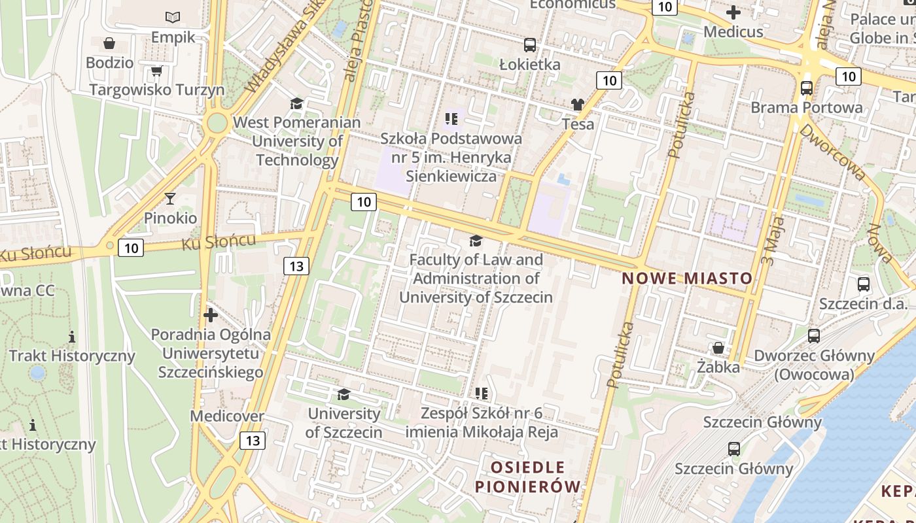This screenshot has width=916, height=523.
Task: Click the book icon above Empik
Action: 173,17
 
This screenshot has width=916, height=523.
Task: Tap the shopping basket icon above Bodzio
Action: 109,43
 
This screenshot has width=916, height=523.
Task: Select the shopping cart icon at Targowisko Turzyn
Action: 156,70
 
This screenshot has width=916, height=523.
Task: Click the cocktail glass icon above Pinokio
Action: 170,198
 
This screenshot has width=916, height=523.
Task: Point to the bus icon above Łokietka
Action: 530,45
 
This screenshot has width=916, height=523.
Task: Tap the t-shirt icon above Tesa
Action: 577,105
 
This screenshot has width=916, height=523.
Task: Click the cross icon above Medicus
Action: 733,12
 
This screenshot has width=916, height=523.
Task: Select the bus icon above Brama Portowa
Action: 807,88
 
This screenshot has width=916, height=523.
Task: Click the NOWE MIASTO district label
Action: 687,278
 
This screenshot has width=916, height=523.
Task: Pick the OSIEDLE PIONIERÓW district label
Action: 527,477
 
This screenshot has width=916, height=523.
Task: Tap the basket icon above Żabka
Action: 718,347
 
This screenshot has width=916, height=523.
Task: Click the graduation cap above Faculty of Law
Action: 476,241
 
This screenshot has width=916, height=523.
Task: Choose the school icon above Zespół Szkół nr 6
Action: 482,394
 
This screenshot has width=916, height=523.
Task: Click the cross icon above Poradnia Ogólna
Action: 211,315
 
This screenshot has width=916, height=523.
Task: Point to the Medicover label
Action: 227,416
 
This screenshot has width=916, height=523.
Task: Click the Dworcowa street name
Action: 832,152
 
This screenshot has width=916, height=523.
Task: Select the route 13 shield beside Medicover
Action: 253,440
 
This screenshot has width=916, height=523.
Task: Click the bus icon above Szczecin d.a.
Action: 864,284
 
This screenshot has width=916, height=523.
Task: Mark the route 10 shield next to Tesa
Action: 608,80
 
